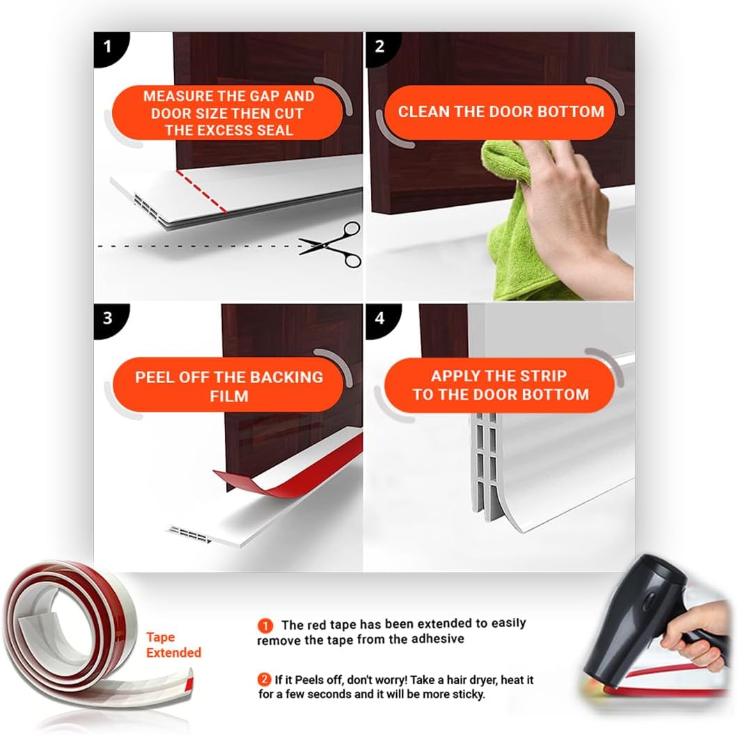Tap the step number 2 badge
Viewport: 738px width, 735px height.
point(380,47)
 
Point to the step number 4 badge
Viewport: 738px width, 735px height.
point(380,319)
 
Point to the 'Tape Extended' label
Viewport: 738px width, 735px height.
point(173,644)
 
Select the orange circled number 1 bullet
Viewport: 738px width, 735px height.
point(265,626)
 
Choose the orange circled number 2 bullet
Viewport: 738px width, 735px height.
point(264,679)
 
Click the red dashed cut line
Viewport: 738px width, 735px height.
point(201,191)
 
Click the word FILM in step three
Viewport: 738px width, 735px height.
point(229,396)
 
